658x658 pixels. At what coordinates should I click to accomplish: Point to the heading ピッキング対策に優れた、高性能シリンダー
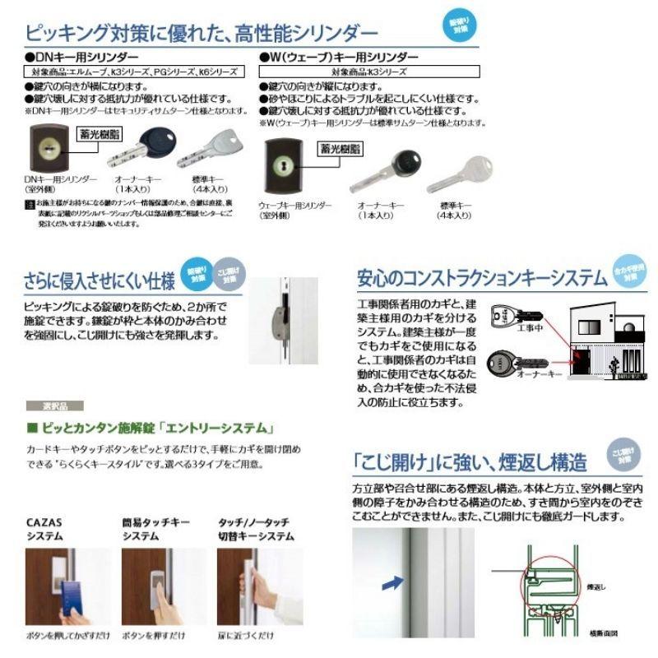pyautogui.click(x=202, y=34)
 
